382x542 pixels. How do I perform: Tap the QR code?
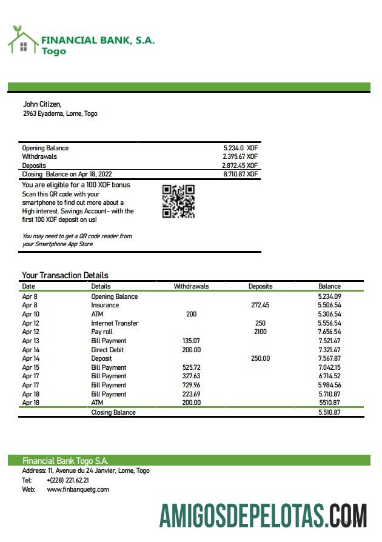coord(178,201)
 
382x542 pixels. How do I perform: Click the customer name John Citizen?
coord(42,104)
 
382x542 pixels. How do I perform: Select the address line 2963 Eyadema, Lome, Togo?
coord(60,113)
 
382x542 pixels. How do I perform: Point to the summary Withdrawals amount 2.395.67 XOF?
coord(240,156)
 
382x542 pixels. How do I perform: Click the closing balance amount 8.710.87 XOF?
coord(240,174)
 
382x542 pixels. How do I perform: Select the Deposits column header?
coord(260,286)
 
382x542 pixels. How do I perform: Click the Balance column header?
coord(329,286)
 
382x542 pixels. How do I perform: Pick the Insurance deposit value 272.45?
coord(260,306)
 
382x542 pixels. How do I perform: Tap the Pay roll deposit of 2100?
coord(260,332)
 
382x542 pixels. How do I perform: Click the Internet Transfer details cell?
coord(115,323)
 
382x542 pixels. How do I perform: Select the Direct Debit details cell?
coord(108,350)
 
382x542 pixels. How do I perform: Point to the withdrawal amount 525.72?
coord(191,367)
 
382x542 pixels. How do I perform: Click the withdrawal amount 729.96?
coord(191,385)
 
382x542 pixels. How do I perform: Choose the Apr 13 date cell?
coord(30,341)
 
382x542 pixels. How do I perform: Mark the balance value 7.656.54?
coord(329,332)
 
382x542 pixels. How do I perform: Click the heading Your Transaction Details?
coord(65,275)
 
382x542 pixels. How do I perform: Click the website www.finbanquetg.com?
coord(78,489)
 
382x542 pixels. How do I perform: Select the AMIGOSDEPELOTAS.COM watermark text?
coord(263,515)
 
